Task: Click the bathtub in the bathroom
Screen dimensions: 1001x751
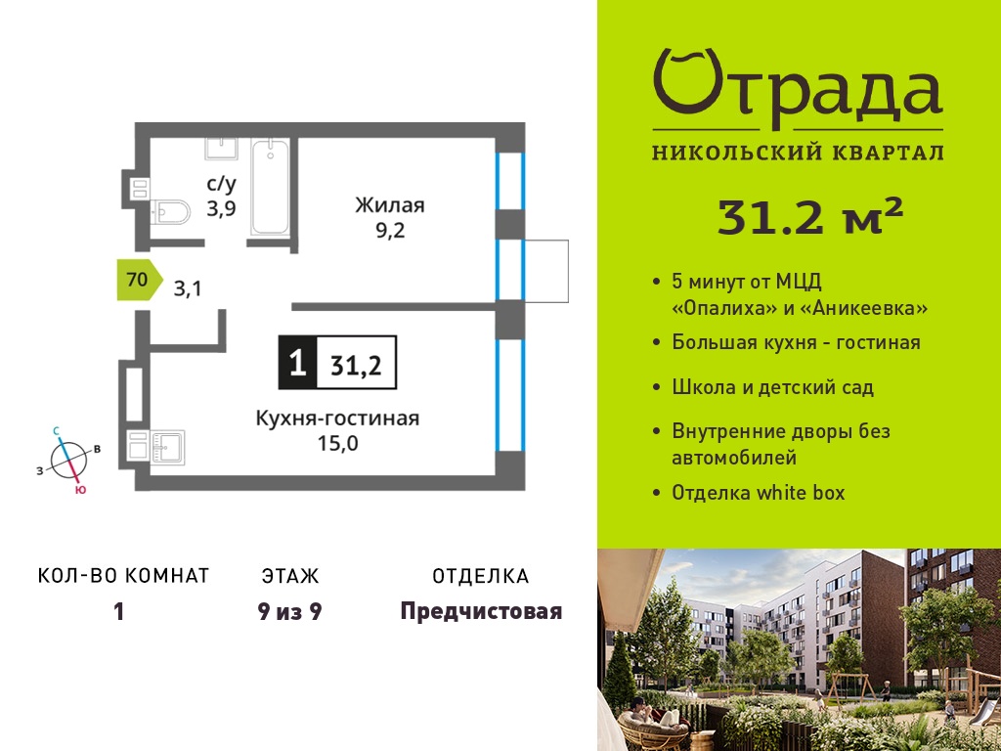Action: coord(270,187)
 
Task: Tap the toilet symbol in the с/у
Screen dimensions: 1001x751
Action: coord(170,212)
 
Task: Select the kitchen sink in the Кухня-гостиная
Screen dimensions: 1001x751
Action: coord(166,447)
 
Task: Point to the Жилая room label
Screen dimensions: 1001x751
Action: coord(390,205)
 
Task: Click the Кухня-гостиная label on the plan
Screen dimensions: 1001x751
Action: coord(337,419)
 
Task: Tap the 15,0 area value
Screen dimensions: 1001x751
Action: coord(338,443)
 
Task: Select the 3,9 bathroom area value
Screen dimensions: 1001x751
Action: coord(221,208)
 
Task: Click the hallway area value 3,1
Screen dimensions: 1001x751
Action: coord(188,289)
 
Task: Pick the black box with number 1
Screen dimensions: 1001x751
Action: coord(297,363)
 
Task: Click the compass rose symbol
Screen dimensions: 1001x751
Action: coord(69,461)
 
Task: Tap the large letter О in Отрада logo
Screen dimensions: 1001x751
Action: coord(686,84)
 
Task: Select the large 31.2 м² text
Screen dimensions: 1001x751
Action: coord(810,216)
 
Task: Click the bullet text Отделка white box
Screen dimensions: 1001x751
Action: coord(759,493)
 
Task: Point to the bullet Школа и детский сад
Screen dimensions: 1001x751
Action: coord(773,387)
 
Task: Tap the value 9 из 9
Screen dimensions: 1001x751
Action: coord(289,612)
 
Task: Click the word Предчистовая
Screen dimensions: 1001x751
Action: coord(481,612)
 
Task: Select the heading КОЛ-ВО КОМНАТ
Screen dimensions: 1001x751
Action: coord(124,576)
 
